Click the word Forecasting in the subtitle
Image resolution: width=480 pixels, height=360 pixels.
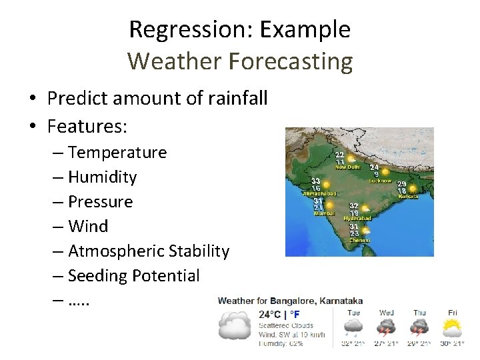[x=290, y=61]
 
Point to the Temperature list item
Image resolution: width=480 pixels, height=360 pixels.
[x=117, y=153]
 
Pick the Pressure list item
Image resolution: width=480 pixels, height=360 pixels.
[x=100, y=201]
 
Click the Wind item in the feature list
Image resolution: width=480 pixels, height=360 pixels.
[x=88, y=226]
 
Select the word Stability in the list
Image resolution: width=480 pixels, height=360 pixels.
[x=199, y=251]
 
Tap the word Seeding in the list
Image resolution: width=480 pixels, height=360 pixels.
[x=97, y=275]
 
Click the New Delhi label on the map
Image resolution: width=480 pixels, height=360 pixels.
[x=347, y=167]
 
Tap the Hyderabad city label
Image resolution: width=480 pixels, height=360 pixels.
[x=357, y=219]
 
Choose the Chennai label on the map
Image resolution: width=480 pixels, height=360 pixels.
[x=358, y=240]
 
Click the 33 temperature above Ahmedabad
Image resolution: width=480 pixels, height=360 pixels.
[x=316, y=181]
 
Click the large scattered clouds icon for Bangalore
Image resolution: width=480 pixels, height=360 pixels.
[x=235, y=327]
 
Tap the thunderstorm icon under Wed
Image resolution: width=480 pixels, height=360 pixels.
[x=387, y=327]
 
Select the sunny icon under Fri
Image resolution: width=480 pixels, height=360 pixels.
[x=453, y=327]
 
